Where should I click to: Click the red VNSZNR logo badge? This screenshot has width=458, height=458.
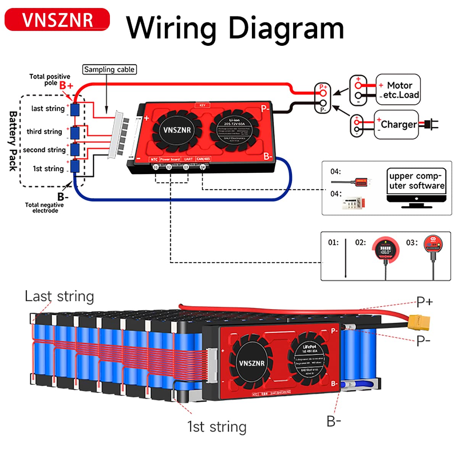pos(57,19)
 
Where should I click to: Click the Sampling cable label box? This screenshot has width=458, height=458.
pos(109,69)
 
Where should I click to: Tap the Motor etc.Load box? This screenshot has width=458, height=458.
pos(398,90)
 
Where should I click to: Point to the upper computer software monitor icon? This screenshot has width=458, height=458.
pos(416,188)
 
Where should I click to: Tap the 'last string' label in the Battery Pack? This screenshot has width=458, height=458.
pos(48,108)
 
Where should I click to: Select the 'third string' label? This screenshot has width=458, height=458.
pos(44,132)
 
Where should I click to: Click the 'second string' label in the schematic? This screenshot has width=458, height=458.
pos(44,150)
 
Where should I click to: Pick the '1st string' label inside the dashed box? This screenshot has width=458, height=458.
pos(48,169)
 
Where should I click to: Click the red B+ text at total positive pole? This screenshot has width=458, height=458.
pos(66,85)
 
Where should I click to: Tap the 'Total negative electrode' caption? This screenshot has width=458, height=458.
pos(44,208)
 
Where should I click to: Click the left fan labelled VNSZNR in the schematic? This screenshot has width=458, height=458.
pos(177,130)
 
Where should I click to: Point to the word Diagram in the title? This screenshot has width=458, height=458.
pos(286,28)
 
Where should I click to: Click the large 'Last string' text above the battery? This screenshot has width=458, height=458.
pos(59,296)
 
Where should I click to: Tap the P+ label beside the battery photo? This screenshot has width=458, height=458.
pos(424,302)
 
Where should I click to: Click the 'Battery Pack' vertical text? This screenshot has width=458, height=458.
pos(13,141)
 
